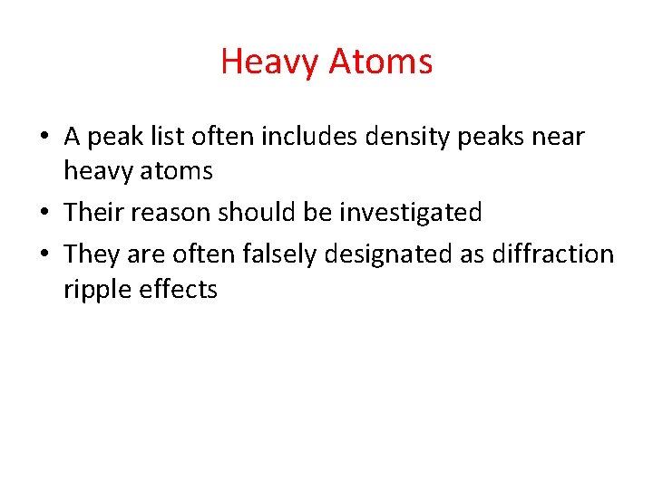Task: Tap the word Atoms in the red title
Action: tap(381, 62)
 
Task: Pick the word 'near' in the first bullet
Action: tap(554, 139)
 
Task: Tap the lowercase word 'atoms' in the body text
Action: tap(181, 170)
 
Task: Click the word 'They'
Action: tap(91, 254)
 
